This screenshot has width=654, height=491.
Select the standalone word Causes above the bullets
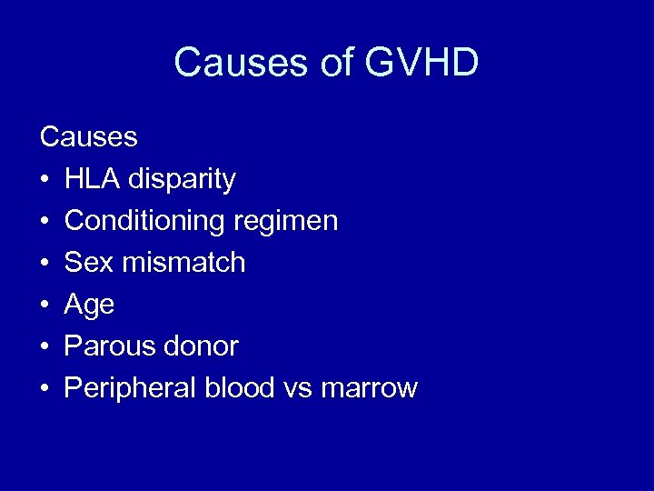[89, 137]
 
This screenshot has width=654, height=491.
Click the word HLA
[93, 179]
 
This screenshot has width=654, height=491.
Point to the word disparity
[182, 180]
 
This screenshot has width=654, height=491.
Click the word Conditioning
[145, 221]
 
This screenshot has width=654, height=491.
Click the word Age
[89, 306]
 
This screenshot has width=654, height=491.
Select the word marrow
[369, 389]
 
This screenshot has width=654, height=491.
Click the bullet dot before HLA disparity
[45, 180]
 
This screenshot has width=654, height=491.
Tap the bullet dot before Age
[45, 306]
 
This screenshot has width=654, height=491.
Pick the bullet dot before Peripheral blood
[45, 389]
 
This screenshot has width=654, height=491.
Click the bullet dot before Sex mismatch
[45, 264]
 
